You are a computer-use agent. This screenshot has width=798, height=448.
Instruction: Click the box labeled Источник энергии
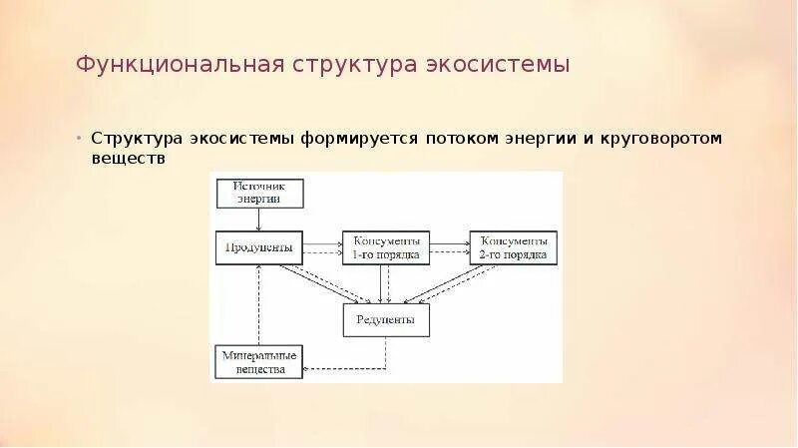(258, 193)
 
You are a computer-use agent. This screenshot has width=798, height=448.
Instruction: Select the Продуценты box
(258, 247)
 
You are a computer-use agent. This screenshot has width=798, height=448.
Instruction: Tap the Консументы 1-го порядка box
(386, 247)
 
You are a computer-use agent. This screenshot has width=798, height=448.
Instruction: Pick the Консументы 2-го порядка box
(514, 247)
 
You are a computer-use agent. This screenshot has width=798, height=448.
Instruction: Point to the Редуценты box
(386, 319)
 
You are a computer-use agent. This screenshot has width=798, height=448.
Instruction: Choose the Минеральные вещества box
(258, 362)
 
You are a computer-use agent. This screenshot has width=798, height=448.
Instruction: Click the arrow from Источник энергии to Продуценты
(258, 220)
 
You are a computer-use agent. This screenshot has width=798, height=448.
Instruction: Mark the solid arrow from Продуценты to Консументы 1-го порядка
(321, 242)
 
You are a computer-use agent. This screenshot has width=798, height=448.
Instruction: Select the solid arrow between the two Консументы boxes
(450, 242)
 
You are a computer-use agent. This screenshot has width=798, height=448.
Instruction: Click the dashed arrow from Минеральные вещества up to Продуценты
(258, 304)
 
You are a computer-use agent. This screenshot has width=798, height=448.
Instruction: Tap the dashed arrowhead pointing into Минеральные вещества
(307, 368)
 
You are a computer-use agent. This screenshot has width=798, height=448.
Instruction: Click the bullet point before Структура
(81, 138)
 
